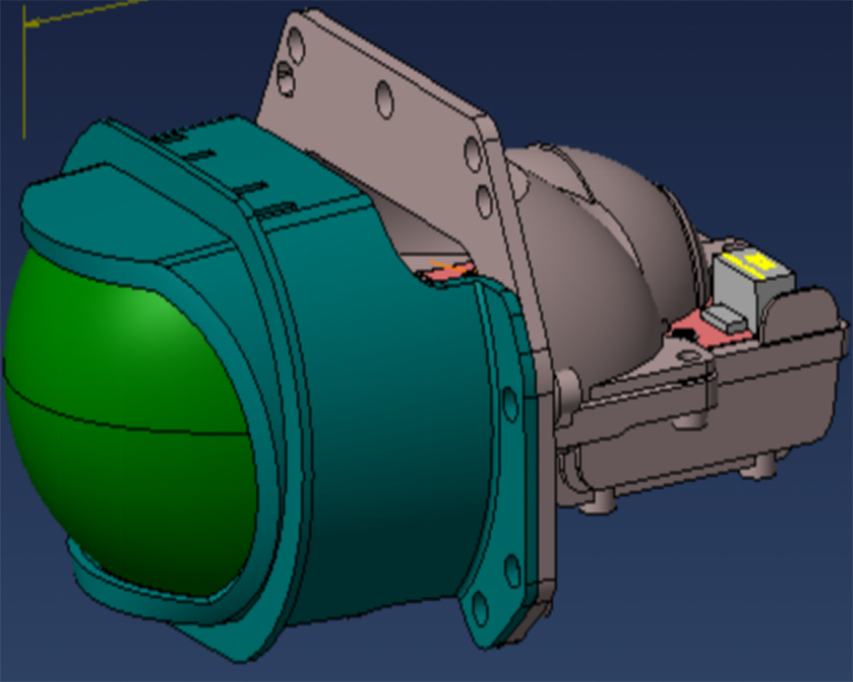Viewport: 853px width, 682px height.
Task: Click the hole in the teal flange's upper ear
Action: [510, 404]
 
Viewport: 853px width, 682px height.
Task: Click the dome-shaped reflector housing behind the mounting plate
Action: [597, 247]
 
